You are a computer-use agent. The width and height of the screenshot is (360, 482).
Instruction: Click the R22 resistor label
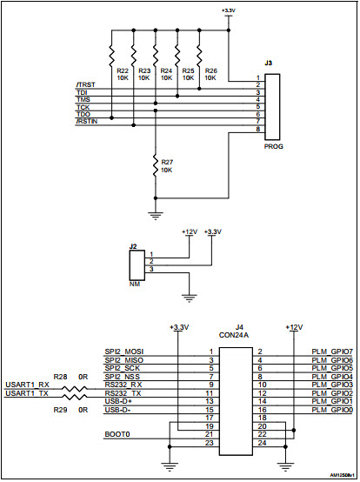(122, 70)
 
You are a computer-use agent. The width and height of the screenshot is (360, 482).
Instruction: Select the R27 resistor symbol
(157, 164)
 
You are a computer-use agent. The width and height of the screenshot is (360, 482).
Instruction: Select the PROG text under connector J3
(273, 146)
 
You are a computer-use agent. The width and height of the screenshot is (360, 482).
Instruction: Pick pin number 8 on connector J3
(258, 130)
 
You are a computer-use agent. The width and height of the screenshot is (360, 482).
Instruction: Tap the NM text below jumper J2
(133, 283)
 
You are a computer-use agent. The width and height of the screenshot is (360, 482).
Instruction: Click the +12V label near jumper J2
(189, 231)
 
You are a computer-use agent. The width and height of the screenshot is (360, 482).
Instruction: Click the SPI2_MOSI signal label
(123, 351)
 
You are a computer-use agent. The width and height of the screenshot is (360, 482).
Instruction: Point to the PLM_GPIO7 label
(331, 351)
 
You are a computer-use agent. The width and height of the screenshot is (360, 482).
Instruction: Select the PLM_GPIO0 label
(331, 409)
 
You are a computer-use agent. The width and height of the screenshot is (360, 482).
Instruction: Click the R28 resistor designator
(60, 376)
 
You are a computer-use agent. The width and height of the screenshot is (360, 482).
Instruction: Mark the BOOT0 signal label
(117, 434)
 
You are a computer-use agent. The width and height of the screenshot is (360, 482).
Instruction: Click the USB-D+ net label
(118, 400)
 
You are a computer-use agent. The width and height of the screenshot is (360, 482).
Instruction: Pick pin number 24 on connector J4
(261, 443)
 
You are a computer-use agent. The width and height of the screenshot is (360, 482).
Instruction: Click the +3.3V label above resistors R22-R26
(228, 10)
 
